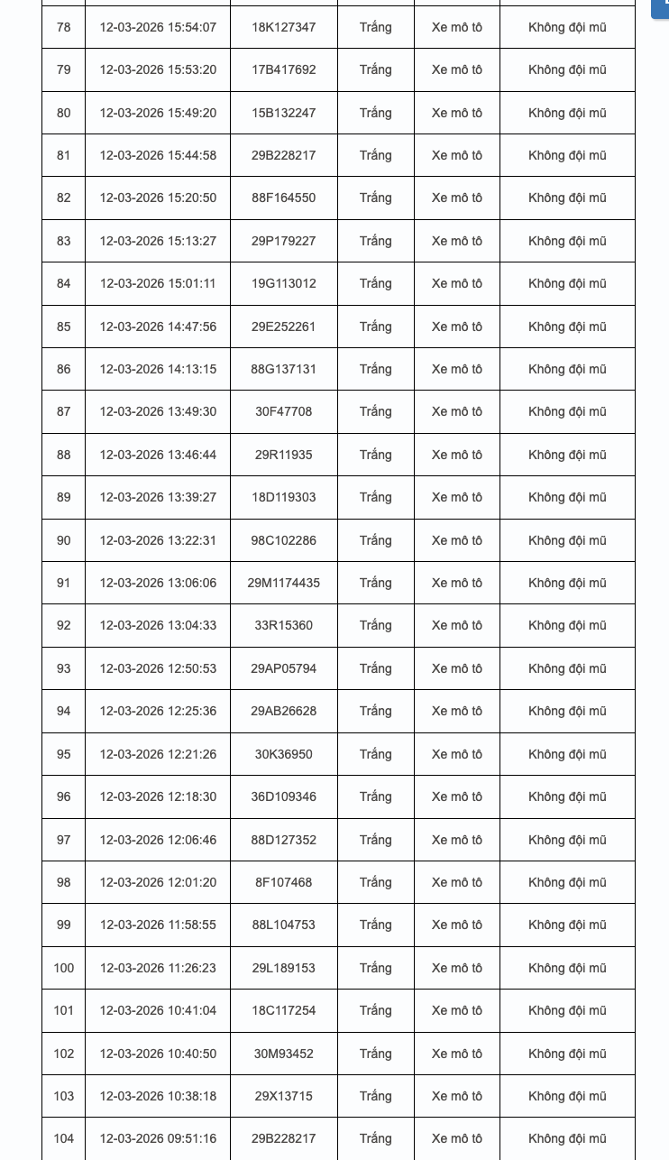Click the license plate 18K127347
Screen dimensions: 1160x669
click(x=283, y=27)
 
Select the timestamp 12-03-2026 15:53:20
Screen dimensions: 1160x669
click(x=158, y=69)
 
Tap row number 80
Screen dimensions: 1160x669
click(x=63, y=113)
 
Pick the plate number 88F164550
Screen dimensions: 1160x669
click(x=283, y=198)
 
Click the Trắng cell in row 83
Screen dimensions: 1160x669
click(x=375, y=241)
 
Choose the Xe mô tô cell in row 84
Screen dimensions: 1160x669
click(x=456, y=283)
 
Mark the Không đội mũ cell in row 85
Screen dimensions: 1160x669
click(x=567, y=327)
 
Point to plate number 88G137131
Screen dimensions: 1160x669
click(x=283, y=369)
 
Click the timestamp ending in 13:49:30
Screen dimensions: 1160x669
click(x=158, y=411)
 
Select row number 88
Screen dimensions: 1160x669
click(x=63, y=455)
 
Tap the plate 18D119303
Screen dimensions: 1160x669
click(x=283, y=497)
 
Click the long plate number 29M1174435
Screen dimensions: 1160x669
click(x=283, y=583)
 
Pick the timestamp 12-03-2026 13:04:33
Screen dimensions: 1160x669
click(x=158, y=625)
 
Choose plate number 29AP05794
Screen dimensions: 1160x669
click(x=283, y=668)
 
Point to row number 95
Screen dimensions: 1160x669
click(x=63, y=754)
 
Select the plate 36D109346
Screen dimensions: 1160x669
click(x=283, y=796)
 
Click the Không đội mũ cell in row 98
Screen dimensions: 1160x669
click(x=567, y=882)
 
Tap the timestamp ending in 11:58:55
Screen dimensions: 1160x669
click(x=158, y=925)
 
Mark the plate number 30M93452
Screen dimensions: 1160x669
click(x=283, y=1054)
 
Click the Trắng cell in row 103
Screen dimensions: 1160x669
click(x=375, y=1096)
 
